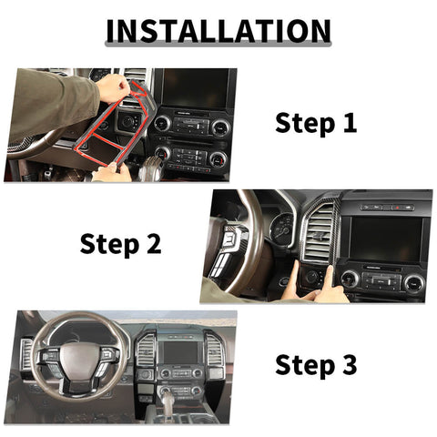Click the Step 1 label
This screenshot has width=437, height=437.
(316, 123)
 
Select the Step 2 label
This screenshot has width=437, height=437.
(120, 243)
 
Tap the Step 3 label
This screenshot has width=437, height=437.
(316, 365)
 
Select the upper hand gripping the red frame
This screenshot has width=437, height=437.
(114, 87)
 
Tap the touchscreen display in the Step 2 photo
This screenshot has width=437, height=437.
(386, 239)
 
